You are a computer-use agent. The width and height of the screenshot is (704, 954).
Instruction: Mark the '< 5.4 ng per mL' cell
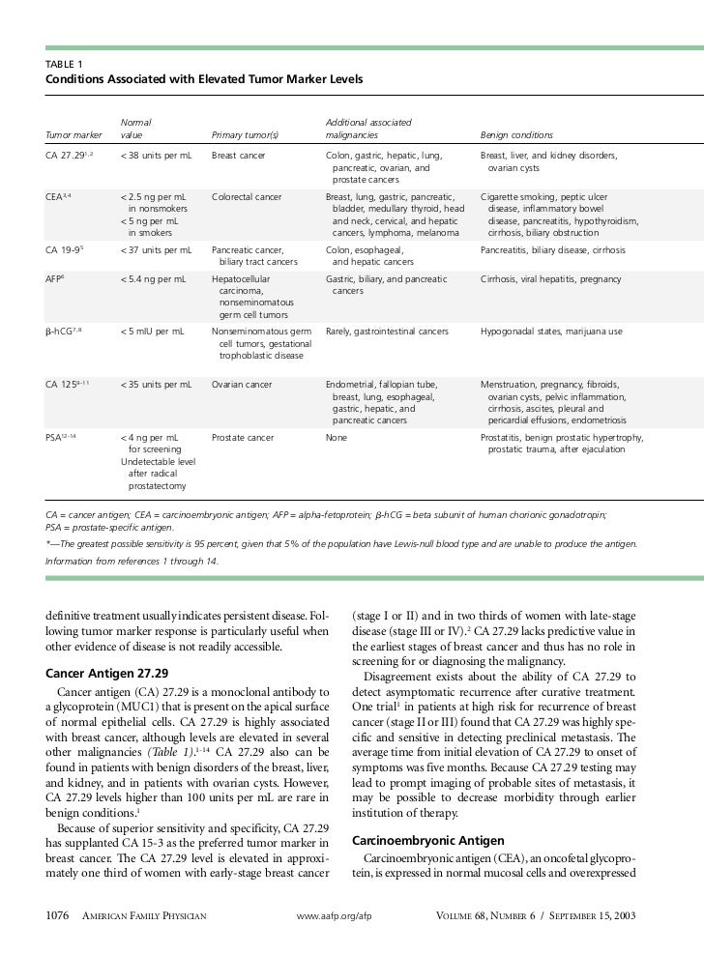click(153, 279)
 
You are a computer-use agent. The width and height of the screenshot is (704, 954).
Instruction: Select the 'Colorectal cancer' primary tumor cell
click(247, 196)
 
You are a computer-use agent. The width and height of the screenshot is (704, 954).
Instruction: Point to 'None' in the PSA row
click(337, 438)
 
